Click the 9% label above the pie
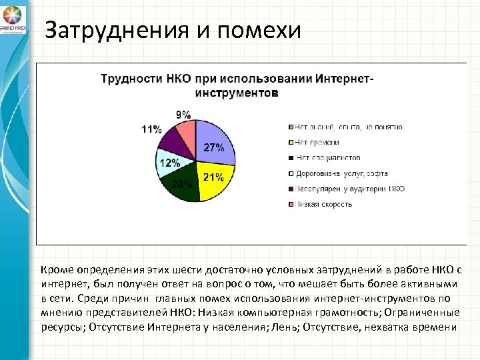[183, 114]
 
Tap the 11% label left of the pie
[151, 129]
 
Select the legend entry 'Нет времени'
[317, 142]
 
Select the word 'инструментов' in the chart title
[237, 92]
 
